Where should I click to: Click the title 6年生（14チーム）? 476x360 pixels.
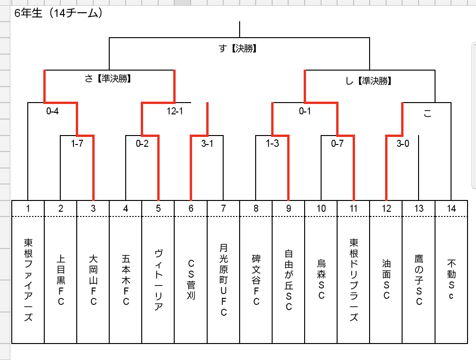pyautogui.click(x=58, y=13)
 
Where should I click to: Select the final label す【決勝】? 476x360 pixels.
pyautogui.click(x=238, y=48)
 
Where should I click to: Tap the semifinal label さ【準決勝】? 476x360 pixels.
pyautogui.click(x=108, y=79)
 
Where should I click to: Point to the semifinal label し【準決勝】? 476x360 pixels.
pyautogui.click(x=369, y=81)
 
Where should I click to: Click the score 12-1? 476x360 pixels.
pyautogui.click(x=175, y=111)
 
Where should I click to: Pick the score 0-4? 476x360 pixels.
pyautogui.click(x=53, y=111)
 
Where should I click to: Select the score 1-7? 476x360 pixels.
pyautogui.click(x=77, y=143)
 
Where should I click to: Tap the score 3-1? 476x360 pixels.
pyautogui.click(x=207, y=143)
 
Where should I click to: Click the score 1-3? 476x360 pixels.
pyautogui.click(x=272, y=143)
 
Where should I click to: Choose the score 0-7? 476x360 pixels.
pyautogui.click(x=337, y=143)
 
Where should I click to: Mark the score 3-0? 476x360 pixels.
pyautogui.click(x=403, y=143)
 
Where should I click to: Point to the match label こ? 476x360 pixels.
pyautogui.click(x=428, y=113)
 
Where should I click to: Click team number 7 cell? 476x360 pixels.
pyautogui.click(x=224, y=208)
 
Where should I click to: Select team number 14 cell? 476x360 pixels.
pyautogui.click(x=451, y=208)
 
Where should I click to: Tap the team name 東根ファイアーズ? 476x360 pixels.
pyautogui.click(x=28, y=280)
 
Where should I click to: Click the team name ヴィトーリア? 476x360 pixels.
pyautogui.click(x=159, y=280)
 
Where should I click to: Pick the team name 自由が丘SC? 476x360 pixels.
pyautogui.click(x=289, y=280)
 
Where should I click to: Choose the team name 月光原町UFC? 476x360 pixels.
pyautogui.click(x=224, y=280)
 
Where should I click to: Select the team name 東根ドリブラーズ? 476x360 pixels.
pyautogui.click(x=354, y=280)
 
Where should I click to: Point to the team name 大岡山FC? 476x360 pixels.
pyautogui.click(x=94, y=280)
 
